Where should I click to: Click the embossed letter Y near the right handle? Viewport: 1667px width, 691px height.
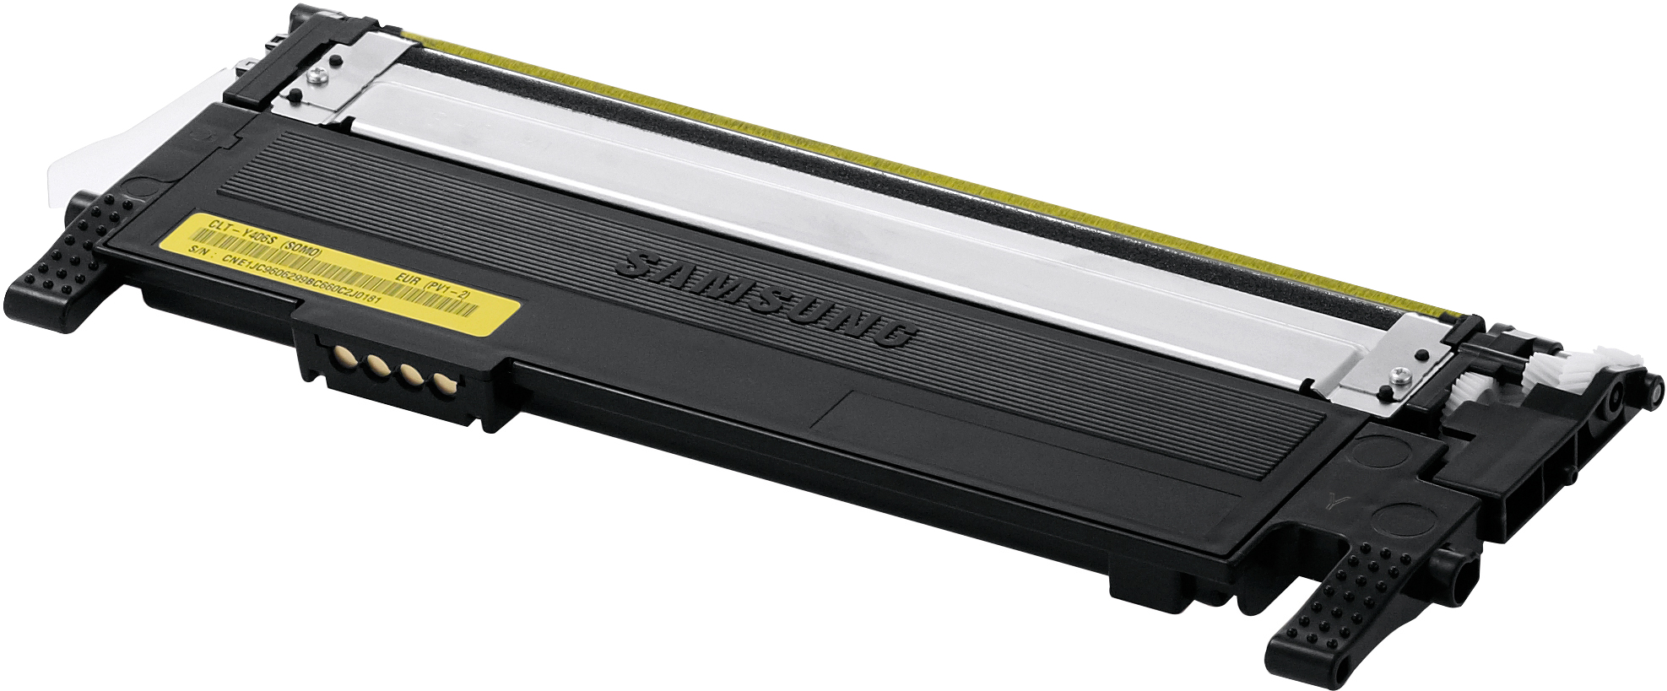1331,497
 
